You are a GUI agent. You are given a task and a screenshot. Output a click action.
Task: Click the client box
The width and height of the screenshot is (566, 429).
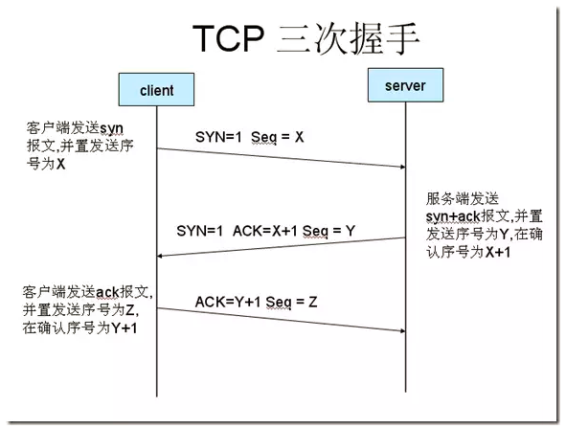(x=156, y=89)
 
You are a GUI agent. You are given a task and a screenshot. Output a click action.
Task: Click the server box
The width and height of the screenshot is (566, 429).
(x=405, y=85)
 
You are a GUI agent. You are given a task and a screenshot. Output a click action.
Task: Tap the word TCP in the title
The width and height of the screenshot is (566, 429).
(x=229, y=38)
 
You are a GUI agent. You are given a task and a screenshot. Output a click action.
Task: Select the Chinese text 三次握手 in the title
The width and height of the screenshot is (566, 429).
(x=348, y=38)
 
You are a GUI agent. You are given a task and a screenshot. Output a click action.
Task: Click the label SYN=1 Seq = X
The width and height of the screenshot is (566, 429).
(x=249, y=137)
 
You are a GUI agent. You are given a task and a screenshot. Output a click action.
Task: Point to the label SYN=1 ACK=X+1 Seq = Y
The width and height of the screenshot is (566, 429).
(x=265, y=231)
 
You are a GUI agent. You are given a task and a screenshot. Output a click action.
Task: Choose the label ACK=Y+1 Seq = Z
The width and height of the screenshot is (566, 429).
(x=256, y=302)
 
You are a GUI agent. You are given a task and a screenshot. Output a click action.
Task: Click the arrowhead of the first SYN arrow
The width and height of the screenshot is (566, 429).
(x=402, y=167)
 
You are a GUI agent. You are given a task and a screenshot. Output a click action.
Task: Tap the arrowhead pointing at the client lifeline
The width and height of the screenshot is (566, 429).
(x=160, y=256)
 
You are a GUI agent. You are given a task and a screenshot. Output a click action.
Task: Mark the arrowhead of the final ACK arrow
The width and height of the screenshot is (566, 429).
(x=402, y=330)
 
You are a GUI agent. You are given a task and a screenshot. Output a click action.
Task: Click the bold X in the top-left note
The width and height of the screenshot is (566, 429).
(x=60, y=164)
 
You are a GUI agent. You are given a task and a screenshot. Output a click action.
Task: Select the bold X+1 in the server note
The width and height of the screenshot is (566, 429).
(x=498, y=252)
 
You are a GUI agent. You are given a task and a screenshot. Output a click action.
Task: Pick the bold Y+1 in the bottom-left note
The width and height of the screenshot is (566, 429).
(x=125, y=327)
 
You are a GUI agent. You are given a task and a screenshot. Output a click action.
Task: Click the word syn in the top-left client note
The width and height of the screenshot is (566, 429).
(x=111, y=128)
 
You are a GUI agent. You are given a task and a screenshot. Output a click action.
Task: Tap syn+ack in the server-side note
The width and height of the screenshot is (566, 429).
(x=453, y=216)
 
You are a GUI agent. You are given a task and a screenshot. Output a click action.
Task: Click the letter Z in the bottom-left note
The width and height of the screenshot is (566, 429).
(x=129, y=310)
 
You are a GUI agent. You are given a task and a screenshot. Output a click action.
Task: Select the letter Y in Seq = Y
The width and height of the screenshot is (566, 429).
(x=351, y=231)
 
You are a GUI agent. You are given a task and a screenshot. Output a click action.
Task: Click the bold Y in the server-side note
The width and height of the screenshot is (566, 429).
(x=505, y=235)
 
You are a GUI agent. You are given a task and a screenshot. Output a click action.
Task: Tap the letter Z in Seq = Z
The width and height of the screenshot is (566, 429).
(x=313, y=302)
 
